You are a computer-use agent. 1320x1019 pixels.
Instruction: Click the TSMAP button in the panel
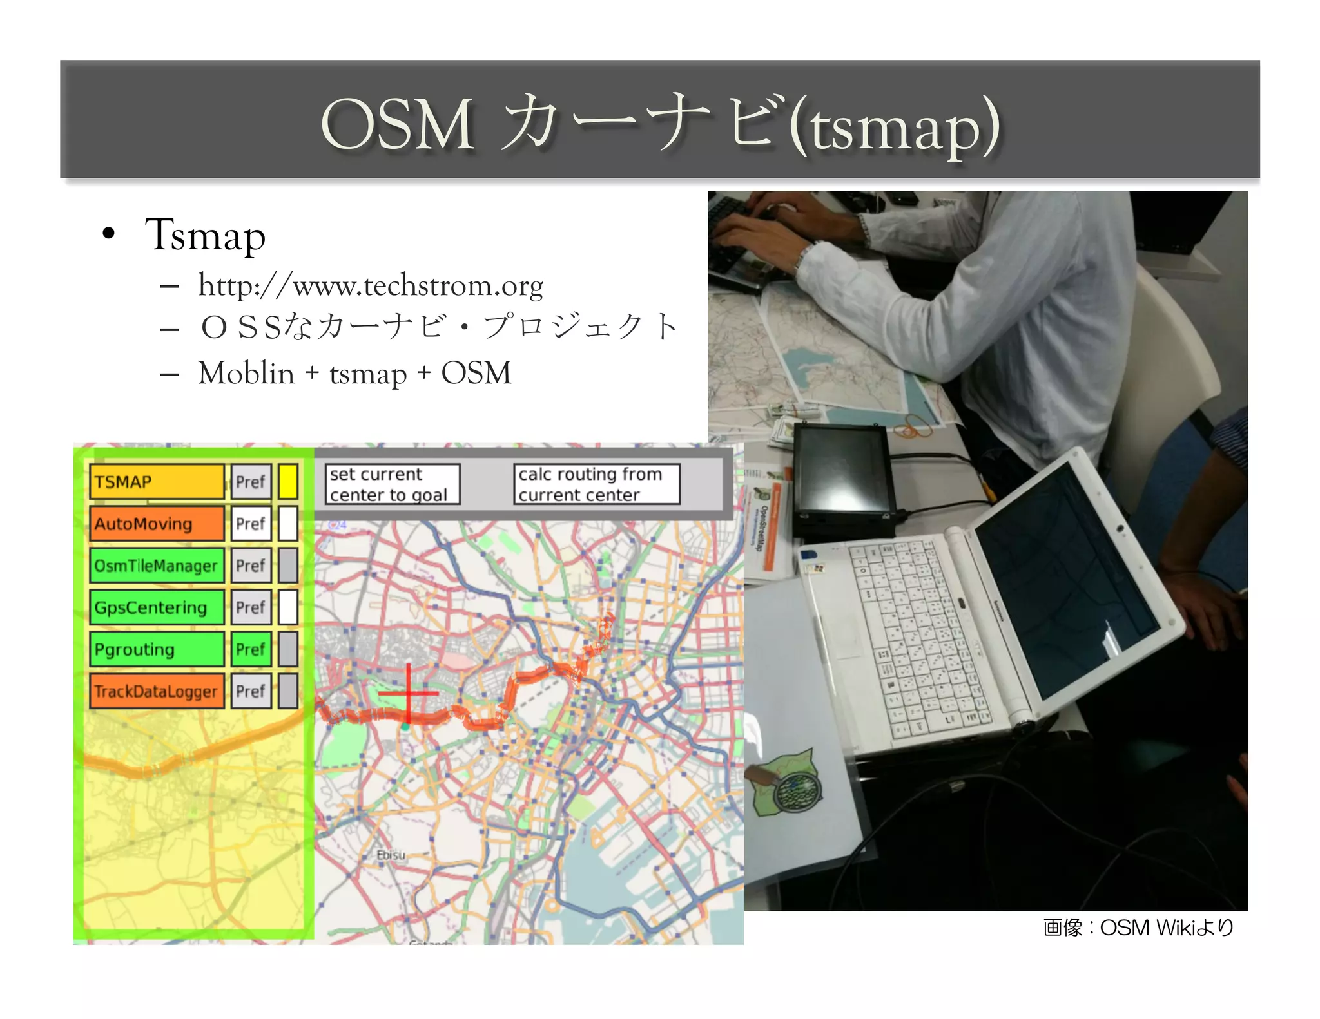(x=157, y=482)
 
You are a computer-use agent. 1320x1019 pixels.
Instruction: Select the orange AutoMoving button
(x=157, y=524)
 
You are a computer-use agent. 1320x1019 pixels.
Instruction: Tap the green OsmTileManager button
(x=157, y=566)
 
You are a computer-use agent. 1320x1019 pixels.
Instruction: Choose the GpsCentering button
(x=157, y=607)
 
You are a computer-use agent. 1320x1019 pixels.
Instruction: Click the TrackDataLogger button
(x=157, y=691)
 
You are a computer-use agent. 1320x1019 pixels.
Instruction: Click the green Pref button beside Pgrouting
(x=251, y=649)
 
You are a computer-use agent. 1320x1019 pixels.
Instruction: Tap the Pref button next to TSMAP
(x=251, y=482)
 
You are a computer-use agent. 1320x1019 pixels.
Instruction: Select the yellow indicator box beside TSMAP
(x=288, y=482)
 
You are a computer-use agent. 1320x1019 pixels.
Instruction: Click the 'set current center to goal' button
(x=392, y=484)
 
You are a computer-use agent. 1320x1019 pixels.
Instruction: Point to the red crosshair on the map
(x=409, y=694)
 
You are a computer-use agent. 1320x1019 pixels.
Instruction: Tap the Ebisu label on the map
(x=391, y=855)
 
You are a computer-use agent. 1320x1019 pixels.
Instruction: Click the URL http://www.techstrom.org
(x=371, y=285)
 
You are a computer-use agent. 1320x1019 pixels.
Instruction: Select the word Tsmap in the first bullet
(x=205, y=235)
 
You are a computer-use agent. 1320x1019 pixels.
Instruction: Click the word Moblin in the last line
(x=246, y=373)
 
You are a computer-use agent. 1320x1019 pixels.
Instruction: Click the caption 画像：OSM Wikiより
(x=1138, y=928)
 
